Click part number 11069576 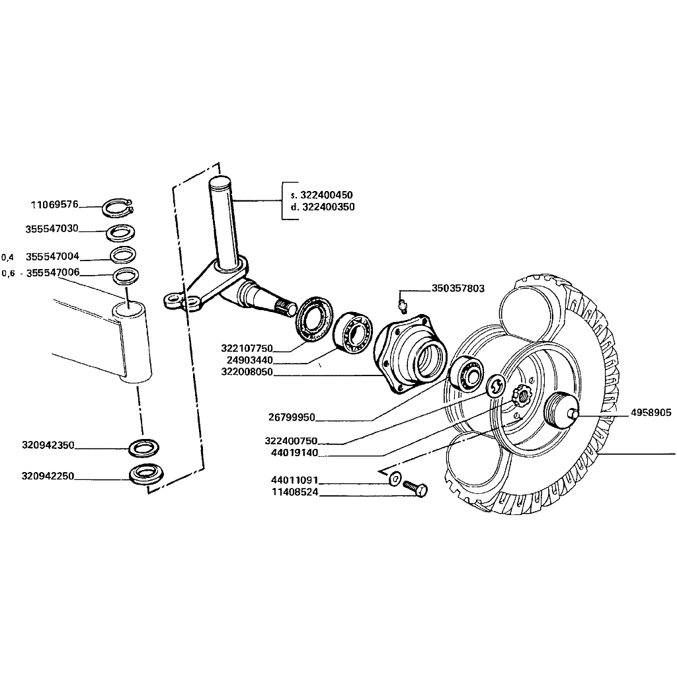tap(55, 204)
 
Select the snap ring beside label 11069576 tap(119, 210)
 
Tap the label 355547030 tap(52, 229)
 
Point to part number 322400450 tap(327, 195)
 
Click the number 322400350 tap(327, 207)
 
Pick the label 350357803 tap(458, 288)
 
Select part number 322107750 tap(247, 348)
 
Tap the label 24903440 tap(249, 361)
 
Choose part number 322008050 tap(247, 373)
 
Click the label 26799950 tap(292, 418)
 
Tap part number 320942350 tap(48, 446)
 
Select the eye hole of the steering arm tap(173, 300)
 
